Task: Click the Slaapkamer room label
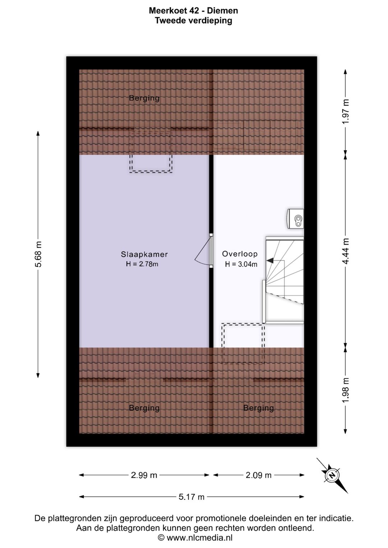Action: (144, 254)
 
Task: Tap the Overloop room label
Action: (240, 254)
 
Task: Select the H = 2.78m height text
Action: (142, 264)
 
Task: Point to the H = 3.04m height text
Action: (241, 264)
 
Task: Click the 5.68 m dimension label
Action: (38, 254)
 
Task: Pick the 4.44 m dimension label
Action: (345, 251)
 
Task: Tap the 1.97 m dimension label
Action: (345, 112)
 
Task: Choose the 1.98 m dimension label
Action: (345, 392)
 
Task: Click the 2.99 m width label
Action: (144, 475)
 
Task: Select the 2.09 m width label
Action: (259, 475)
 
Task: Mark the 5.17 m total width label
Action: (191, 497)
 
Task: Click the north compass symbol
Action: (332, 476)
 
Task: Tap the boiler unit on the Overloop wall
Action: (295, 219)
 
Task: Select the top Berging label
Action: (144, 98)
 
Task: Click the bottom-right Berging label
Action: (258, 408)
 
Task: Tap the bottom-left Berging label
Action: (144, 408)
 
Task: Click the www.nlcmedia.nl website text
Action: (199, 538)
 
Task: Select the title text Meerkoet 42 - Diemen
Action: (194, 10)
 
